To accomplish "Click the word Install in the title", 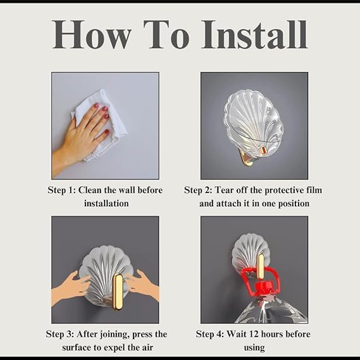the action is click(254, 34).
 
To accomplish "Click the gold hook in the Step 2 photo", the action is click(247, 156).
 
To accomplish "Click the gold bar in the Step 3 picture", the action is click(118, 292).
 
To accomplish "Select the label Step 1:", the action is click(61, 190).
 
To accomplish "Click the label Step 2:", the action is click(198, 190).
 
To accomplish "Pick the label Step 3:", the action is click(60, 334).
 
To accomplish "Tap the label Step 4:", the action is click(209, 334).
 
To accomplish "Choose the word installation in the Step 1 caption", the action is click(106, 204).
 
